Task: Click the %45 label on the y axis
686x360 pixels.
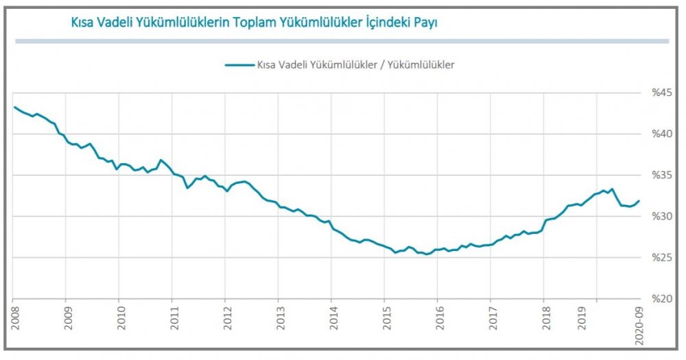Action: [x=662, y=92]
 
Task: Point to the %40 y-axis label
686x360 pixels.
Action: [x=662, y=133]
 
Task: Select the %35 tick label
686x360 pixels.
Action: [x=662, y=175]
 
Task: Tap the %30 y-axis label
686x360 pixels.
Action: [x=662, y=217]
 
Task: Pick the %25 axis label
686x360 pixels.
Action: [x=662, y=258]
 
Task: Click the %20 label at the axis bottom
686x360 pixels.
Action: [x=662, y=300]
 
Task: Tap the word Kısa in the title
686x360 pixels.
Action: [x=83, y=23]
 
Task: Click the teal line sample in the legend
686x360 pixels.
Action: [x=238, y=65]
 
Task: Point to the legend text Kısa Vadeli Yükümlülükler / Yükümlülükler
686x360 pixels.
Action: [x=356, y=65]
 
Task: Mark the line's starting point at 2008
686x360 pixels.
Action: [x=14, y=107]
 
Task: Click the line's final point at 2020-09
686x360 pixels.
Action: [x=639, y=201]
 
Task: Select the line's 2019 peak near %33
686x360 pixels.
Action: [x=612, y=189]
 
